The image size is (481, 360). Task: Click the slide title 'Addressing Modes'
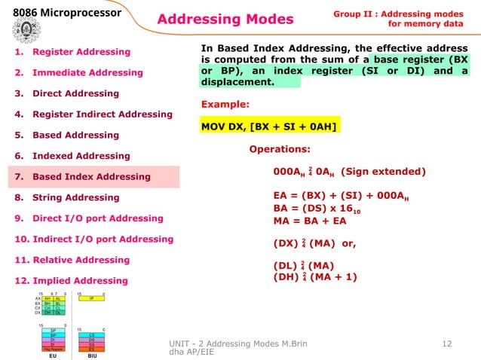tap(225, 19)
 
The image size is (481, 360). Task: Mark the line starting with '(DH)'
tap(315, 276)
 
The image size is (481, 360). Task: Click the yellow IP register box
tap(91, 298)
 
